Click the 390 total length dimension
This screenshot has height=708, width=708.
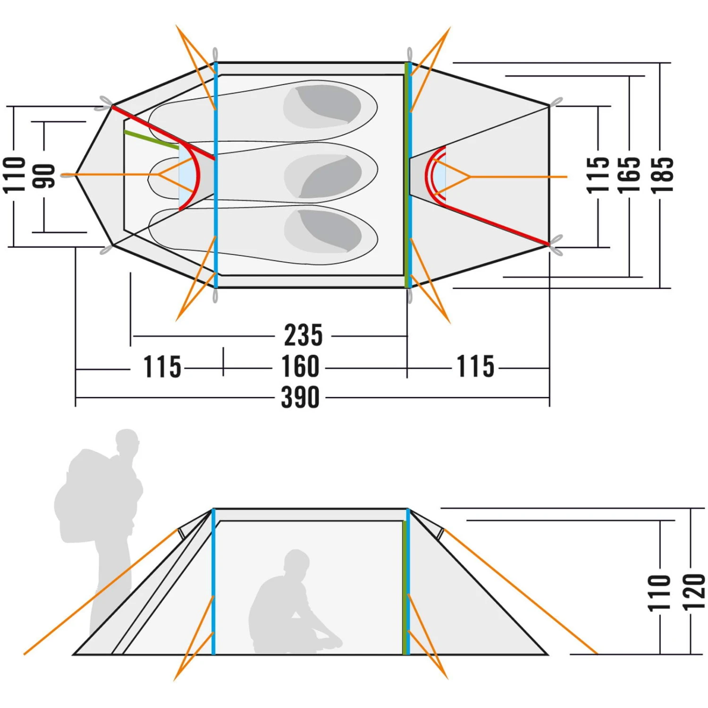pos(301,397)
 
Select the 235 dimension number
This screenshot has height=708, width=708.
pos(303,336)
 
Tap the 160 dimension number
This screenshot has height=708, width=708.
pos(301,367)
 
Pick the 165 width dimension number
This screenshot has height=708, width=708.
pos(629,175)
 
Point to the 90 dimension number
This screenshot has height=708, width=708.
pos(44,176)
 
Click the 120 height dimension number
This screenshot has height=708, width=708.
pos(694,592)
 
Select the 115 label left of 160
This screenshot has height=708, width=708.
pos(162,367)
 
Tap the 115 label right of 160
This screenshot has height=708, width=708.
pos(476,367)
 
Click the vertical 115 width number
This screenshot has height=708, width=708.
pos(598,175)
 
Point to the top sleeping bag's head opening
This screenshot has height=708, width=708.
pos(323,106)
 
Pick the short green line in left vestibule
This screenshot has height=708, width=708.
pos(151,139)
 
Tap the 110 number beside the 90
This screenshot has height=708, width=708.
pos(14,175)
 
